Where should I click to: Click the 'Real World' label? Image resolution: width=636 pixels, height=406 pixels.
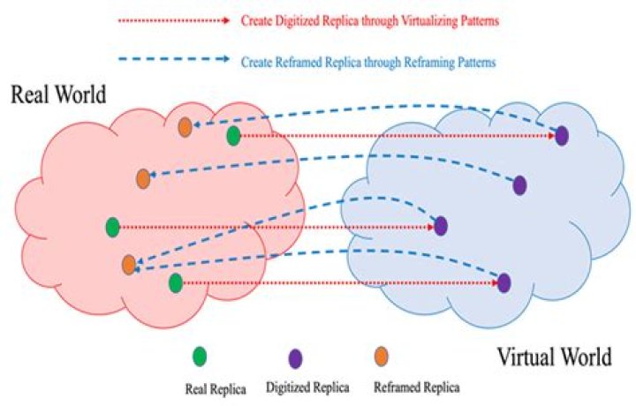[58, 94]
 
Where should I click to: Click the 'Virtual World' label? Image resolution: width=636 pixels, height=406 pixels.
[554, 357]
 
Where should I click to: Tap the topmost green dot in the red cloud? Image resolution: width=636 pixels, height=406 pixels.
[233, 136]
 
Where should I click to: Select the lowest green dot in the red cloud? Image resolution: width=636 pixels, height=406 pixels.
[176, 282]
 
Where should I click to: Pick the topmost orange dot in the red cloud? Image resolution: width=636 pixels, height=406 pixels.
[185, 127]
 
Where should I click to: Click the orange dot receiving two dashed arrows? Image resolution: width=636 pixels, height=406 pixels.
[129, 265]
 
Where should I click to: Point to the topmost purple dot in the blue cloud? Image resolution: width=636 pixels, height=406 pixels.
[562, 136]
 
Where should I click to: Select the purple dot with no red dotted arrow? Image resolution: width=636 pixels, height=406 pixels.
[519, 185]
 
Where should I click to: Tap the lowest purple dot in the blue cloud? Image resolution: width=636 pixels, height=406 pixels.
[503, 282]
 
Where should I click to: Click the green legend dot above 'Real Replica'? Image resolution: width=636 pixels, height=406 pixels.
[199, 357]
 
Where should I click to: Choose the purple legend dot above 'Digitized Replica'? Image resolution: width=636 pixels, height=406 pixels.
[295, 358]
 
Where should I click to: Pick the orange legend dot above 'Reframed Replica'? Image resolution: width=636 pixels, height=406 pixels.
[381, 357]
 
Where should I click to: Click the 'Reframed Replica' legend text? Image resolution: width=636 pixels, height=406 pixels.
[417, 387]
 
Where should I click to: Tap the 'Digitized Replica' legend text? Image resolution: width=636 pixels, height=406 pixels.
[307, 387]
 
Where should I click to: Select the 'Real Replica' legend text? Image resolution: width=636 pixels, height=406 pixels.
[216, 389]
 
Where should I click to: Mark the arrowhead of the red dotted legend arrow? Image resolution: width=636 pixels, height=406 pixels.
[226, 20]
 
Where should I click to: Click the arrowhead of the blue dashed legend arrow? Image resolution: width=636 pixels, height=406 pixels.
[225, 59]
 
